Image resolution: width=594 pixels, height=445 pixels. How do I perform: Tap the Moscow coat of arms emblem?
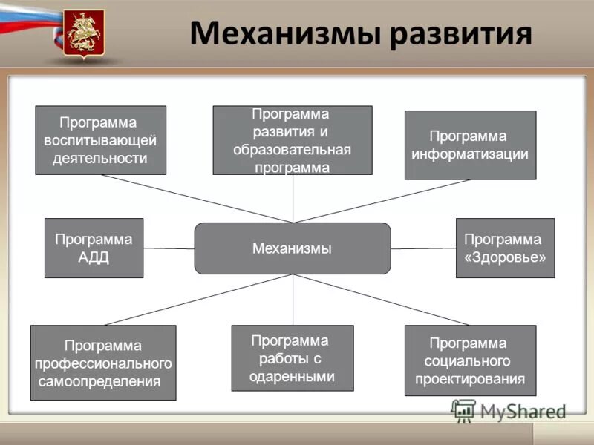click(84, 34)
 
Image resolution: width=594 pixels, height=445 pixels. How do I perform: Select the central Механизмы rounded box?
click(292, 248)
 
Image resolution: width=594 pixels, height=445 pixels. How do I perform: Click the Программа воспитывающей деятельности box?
click(100, 140)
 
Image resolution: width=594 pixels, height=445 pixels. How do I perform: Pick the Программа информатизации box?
click(469, 145)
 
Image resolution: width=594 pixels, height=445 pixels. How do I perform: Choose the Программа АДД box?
click(94, 248)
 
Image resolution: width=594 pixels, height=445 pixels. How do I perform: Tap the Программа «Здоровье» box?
click(504, 248)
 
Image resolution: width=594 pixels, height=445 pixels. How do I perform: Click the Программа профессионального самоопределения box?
click(102, 363)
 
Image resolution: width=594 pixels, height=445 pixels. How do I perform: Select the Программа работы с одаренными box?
click(292, 358)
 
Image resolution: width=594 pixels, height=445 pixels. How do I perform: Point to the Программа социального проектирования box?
click(469, 360)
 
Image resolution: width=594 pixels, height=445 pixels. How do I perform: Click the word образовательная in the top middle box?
click(292, 149)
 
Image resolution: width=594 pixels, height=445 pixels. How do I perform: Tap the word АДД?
click(94, 258)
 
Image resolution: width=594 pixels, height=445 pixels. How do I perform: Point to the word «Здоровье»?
click(505, 258)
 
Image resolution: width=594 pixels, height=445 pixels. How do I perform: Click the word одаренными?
click(292, 376)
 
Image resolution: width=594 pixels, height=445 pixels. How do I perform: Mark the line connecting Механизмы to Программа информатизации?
click(382, 201)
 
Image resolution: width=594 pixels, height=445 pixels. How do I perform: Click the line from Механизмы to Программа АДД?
click(169, 248)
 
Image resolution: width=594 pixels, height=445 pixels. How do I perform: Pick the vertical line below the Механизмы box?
click(293, 300)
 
